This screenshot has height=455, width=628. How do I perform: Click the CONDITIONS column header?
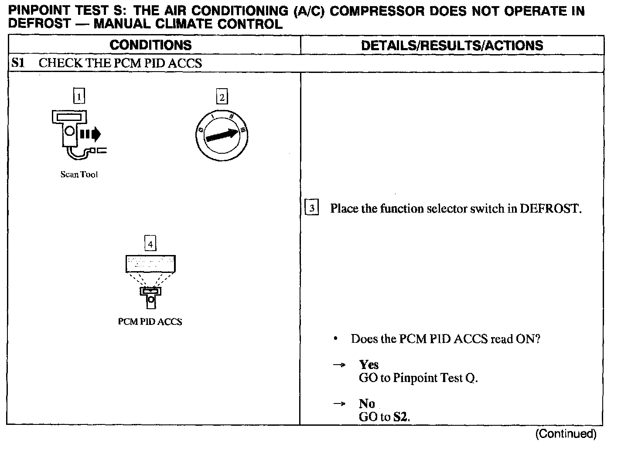(150, 45)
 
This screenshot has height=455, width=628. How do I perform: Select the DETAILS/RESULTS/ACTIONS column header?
(452, 45)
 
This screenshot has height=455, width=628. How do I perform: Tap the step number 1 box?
(78, 96)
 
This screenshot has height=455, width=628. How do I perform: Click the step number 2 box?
(222, 97)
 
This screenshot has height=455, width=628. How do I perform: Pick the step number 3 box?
(312, 208)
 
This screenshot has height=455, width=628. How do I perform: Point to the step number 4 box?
(150, 244)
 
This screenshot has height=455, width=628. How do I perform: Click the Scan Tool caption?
(79, 175)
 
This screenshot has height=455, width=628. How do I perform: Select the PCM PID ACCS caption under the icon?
(150, 322)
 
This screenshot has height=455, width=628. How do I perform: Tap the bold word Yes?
(369, 365)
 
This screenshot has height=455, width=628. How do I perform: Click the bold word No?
(367, 403)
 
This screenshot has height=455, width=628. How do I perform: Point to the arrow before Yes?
(339, 365)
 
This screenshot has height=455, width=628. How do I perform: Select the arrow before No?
(339, 404)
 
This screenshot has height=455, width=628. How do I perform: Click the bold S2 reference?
(401, 417)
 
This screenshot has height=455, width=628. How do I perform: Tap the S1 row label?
(18, 63)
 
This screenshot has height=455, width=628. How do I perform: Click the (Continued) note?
(565, 434)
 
